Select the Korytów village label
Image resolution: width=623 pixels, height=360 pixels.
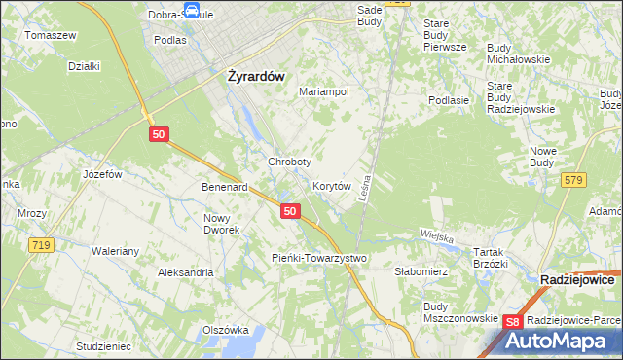[x=331, y=185]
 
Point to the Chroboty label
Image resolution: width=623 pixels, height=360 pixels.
[x=289, y=162]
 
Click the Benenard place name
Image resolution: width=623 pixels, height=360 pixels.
[x=225, y=187]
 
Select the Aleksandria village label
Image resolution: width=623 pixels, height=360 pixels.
[x=186, y=272]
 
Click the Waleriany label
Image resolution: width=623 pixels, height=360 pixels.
[x=117, y=251]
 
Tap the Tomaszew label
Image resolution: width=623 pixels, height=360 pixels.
[x=51, y=35]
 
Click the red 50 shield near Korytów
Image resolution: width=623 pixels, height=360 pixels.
[x=289, y=210]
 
